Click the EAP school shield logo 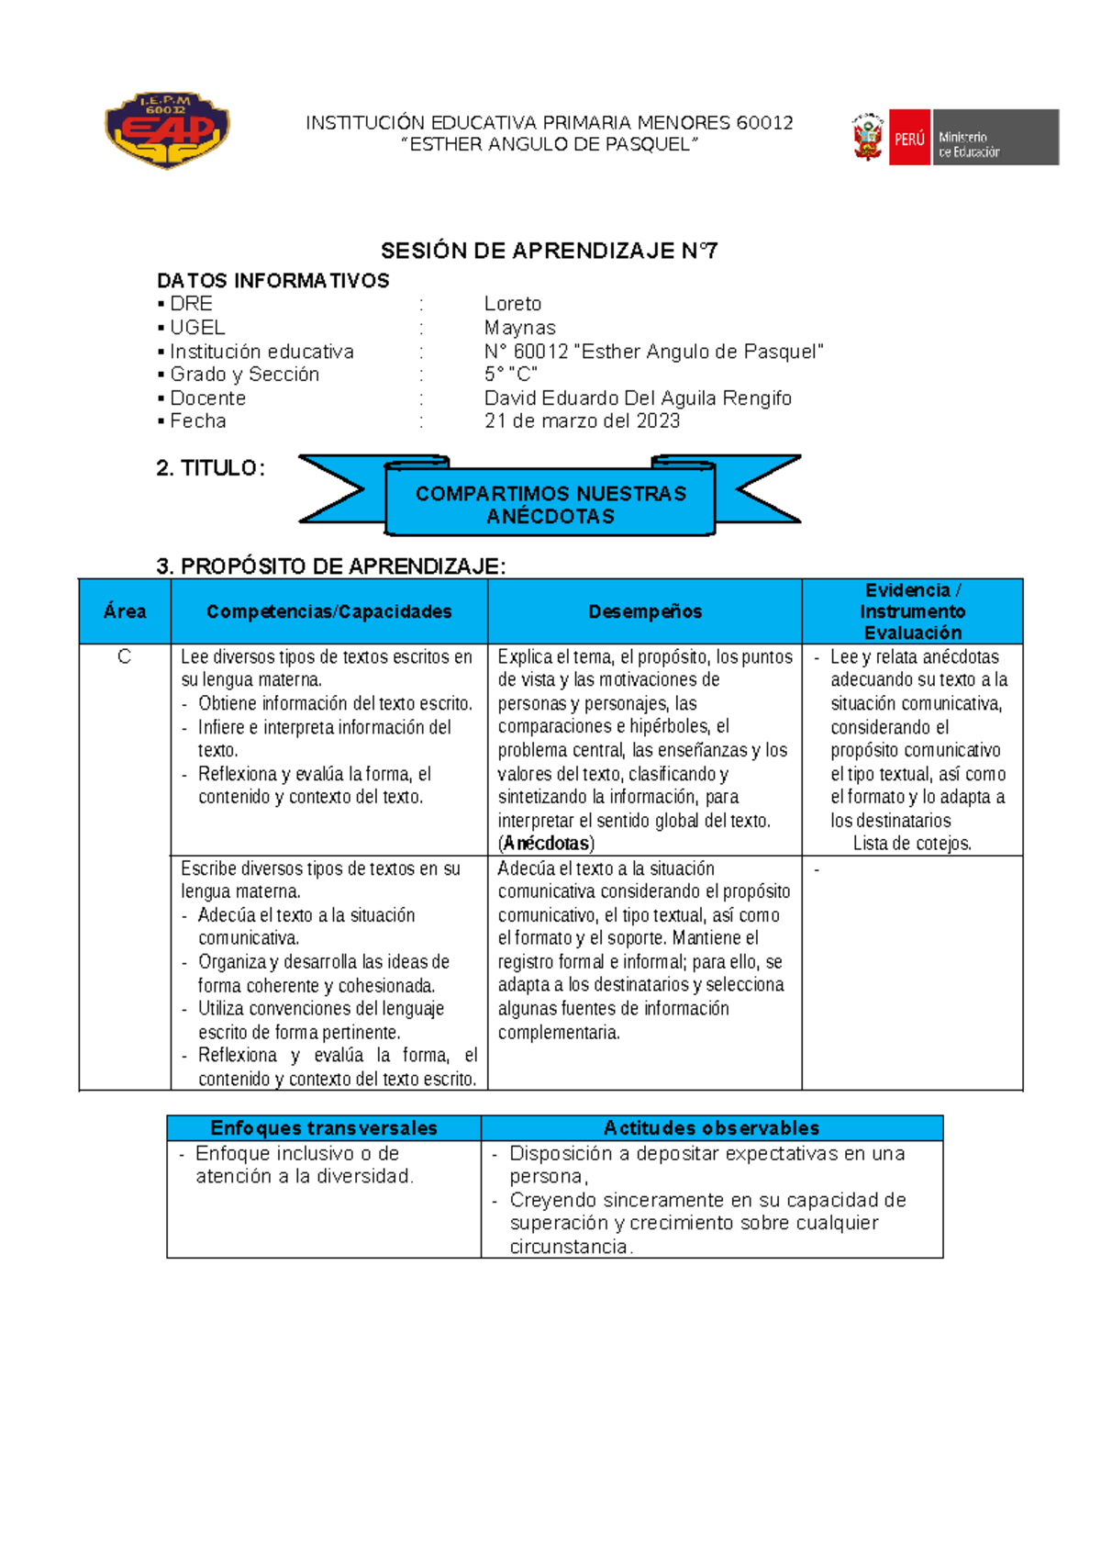[167, 130]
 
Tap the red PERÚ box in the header [909, 138]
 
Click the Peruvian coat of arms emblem [867, 138]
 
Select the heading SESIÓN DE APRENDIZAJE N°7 [549, 251]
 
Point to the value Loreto [513, 304]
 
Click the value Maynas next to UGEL [520, 328]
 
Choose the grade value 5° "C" [510, 375]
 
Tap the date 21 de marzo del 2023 [582, 421]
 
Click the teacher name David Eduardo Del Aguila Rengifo [638, 398]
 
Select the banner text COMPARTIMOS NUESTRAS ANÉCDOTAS [550, 505]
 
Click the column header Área [125, 611]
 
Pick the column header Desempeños [645, 611]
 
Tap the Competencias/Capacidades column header [328, 611]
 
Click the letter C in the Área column [125, 657]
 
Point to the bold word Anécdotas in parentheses [547, 844]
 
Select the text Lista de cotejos [912, 844]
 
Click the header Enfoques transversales [324, 1128]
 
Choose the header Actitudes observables [711, 1128]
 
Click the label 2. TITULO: [211, 468]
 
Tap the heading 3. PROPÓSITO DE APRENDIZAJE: [331, 566]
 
